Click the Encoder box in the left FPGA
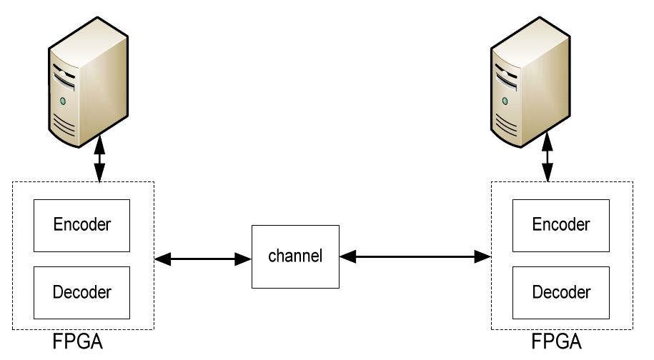(x=83, y=225)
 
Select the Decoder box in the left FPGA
(x=83, y=292)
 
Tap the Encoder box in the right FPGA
(x=561, y=225)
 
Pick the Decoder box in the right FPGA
(x=561, y=292)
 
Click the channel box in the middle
(x=294, y=256)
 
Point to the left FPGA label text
(x=78, y=342)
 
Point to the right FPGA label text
(x=557, y=342)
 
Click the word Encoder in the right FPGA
(x=561, y=225)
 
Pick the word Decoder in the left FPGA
(x=83, y=292)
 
